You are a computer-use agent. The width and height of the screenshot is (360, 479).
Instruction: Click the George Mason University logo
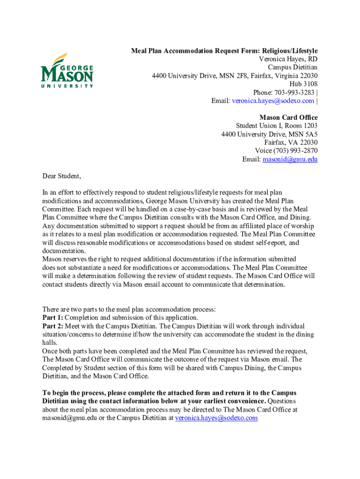pos(67,71)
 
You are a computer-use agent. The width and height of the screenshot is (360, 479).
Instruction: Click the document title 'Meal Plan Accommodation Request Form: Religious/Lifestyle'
pos(224,51)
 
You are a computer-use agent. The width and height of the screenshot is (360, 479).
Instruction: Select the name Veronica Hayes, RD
pos(288,59)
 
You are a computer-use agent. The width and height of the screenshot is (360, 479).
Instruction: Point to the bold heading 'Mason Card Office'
pos(288,117)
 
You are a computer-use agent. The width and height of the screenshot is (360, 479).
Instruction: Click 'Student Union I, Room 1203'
pos(277,126)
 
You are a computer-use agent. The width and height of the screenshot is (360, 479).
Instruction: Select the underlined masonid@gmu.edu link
pos(290,160)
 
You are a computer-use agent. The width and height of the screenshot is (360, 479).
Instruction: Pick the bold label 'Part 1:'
pos(52,318)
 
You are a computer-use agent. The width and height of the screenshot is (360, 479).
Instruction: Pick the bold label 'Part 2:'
pos(52,326)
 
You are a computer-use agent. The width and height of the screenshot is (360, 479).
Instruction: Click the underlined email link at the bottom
pos(216,418)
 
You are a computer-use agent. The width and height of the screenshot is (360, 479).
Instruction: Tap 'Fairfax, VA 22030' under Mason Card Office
pos(291,143)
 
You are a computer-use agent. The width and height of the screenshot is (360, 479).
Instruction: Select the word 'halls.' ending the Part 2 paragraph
pos(50,343)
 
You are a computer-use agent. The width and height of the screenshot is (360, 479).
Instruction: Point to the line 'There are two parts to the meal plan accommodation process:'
pos(129,309)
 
